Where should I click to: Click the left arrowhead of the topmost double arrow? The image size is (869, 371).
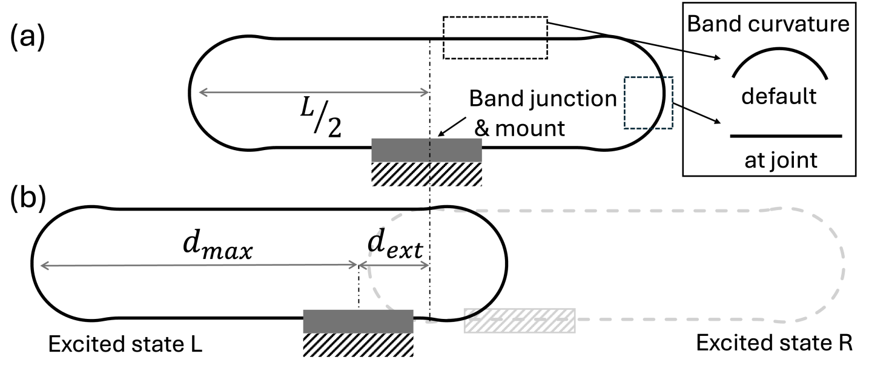tap(200, 93)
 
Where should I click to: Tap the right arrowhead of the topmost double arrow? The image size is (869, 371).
tap(427, 93)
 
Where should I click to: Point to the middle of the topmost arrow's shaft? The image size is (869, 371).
tap(314, 93)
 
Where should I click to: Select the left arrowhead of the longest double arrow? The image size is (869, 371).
tap(42, 266)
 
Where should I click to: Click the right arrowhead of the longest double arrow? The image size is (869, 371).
tap(356, 264)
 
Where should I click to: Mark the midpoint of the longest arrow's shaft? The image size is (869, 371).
tap(199, 265)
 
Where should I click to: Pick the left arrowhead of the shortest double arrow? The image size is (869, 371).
tap(362, 265)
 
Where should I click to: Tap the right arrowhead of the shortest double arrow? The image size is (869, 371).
tap(427, 265)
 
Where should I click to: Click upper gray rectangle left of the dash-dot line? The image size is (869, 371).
tap(400, 149)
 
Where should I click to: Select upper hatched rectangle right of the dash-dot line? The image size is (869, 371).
tap(457, 174)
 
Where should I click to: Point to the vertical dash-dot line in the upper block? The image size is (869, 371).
tap(430, 162)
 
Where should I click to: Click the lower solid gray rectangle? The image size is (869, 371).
tap(358, 321)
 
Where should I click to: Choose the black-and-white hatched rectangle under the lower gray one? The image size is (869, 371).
tap(358, 345)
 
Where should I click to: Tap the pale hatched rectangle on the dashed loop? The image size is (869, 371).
tap(520, 321)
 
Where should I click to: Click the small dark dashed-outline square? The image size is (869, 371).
tap(649, 103)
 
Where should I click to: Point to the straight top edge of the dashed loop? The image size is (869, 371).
tap(606, 211)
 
